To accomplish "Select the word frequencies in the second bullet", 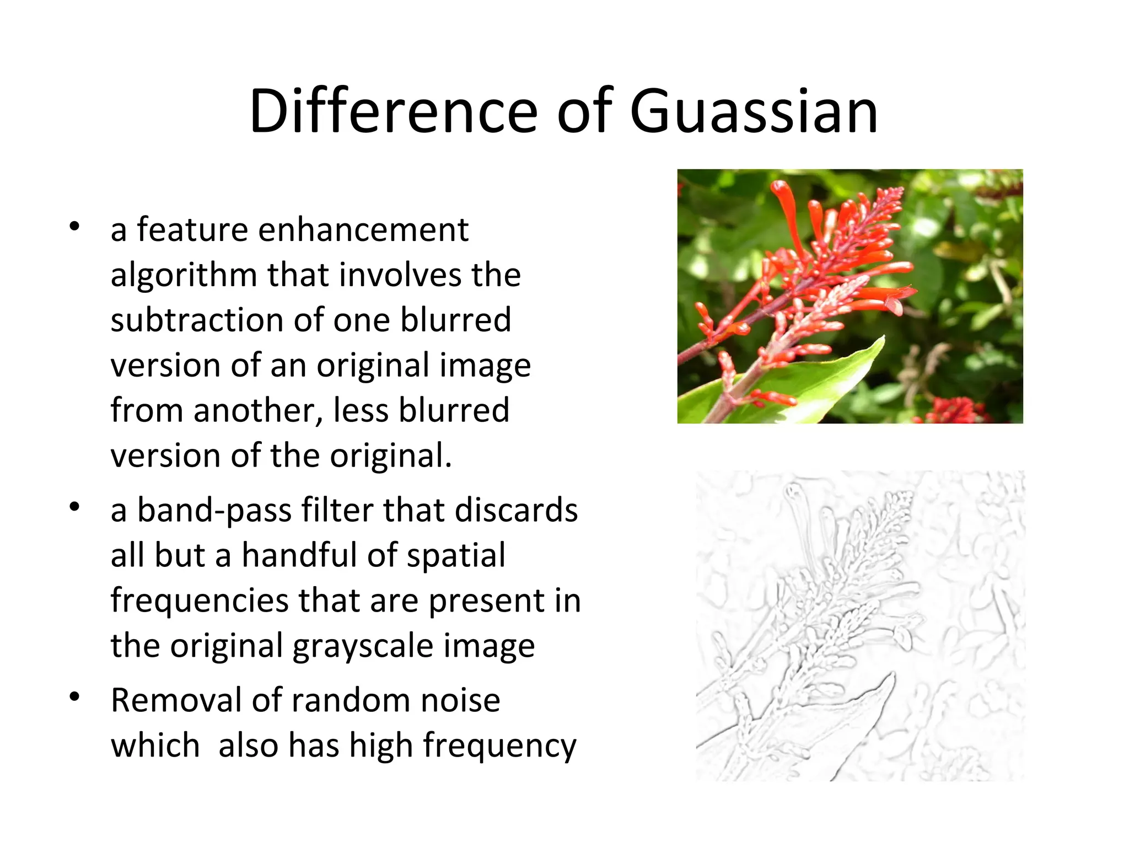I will (x=199, y=601).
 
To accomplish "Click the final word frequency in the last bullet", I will (x=499, y=746).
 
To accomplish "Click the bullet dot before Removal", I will (x=75, y=698).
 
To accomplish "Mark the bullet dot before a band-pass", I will (x=75, y=507).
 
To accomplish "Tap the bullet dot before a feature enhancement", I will (x=75, y=226).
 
